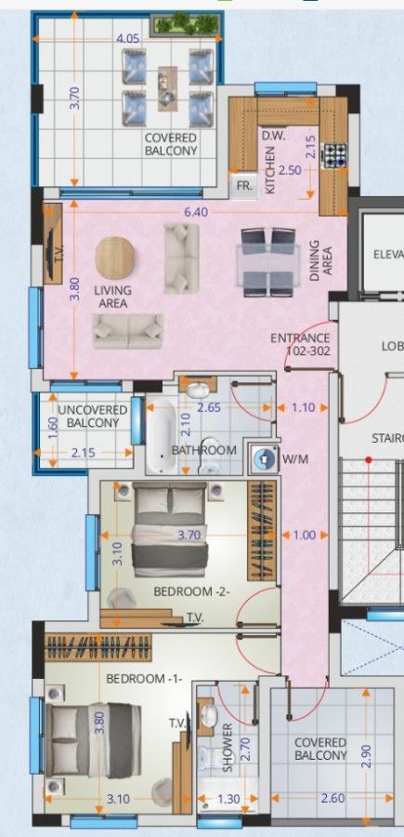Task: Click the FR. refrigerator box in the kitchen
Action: point(244,185)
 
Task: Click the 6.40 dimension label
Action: point(195,212)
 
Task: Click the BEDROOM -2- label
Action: point(191,591)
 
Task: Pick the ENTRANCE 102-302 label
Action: point(300,345)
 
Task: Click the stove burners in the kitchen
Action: point(333,155)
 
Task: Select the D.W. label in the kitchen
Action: point(272,136)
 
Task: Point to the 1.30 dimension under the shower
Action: point(228,798)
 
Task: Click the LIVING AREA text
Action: point(113,297)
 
